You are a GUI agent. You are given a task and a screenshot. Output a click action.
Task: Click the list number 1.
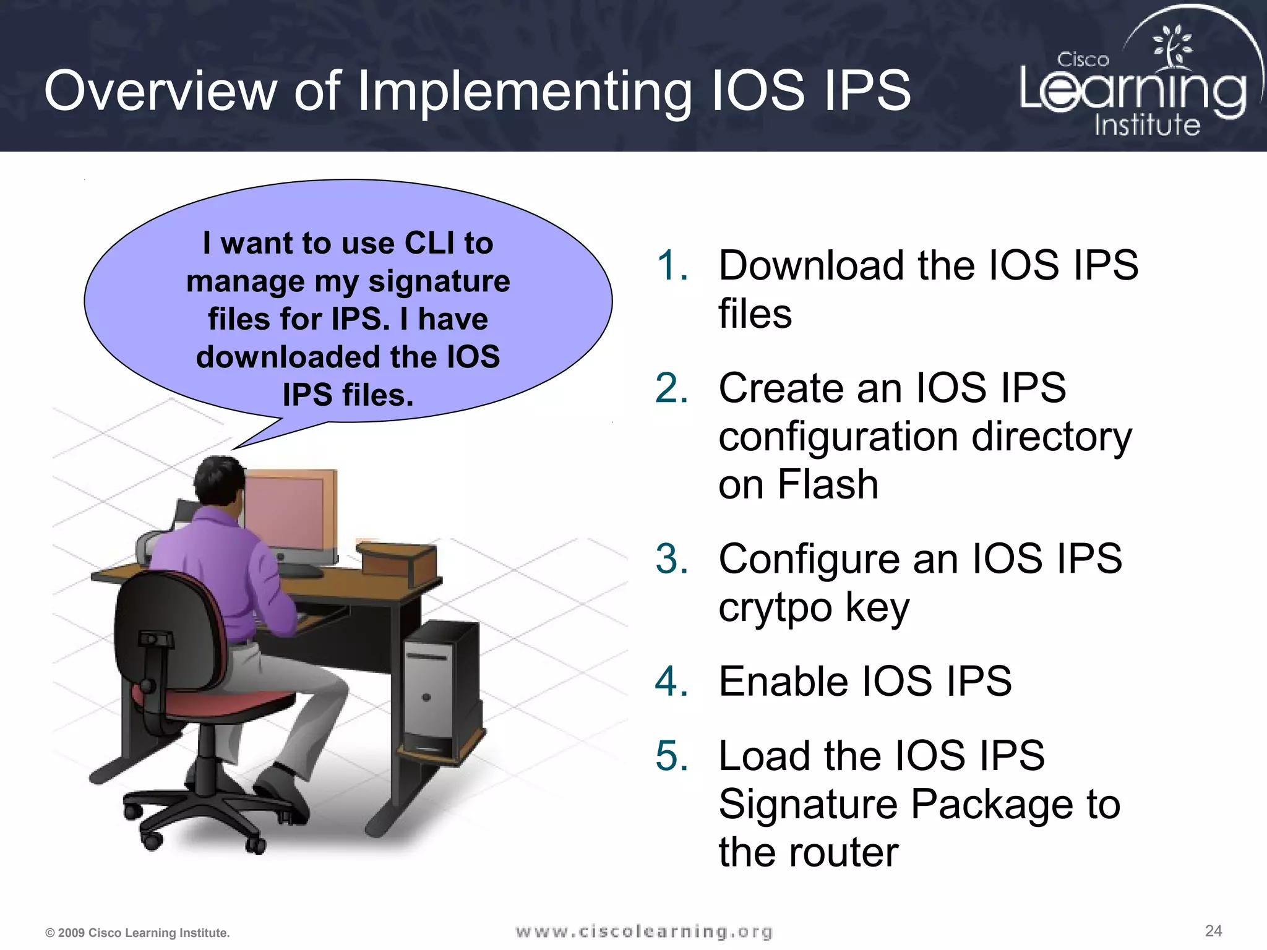[x=672, y=266]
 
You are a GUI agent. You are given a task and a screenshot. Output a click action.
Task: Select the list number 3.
[x=672, y=559]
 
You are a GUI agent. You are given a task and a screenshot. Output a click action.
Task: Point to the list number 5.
[x=672, y=756]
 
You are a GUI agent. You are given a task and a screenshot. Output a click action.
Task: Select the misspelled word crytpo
[x=775, y=608]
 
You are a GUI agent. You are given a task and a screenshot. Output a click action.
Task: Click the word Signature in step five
[x=808, y=805]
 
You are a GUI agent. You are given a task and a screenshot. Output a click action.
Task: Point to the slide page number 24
[x=1213, y=931]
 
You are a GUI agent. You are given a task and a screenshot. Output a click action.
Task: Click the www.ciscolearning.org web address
[x=644, y=931]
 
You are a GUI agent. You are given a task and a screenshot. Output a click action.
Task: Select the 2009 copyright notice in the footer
[x=137, y=933]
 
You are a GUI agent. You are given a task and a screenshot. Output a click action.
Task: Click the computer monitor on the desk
[x=291, y=513]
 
